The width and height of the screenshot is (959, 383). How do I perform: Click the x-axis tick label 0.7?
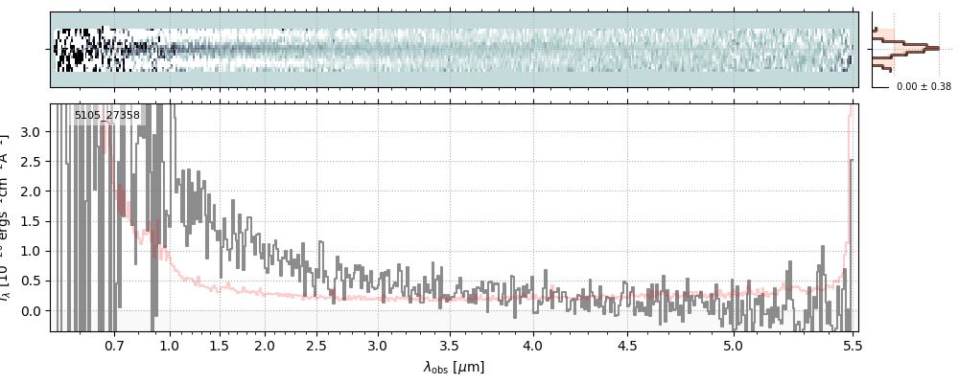click(x=114, y=345)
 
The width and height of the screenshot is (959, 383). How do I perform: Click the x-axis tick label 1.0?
click(x=170, y=345)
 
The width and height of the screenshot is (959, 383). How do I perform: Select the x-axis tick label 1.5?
click(x=219, y=345)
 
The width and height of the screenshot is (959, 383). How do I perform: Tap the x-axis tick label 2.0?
click(x=265, y=345)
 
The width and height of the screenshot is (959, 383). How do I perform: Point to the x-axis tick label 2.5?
click(x=316, y=345)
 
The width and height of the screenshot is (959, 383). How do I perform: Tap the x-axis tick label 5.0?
click(x=734, y=345)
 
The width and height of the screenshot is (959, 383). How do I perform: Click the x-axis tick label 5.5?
click(x=850, y=345)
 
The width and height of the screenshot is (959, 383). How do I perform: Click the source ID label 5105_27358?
click(x=107, y=116)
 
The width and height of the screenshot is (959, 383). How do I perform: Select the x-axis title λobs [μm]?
click(x=454, y=367)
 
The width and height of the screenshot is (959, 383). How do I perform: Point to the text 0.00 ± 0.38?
click(x=924, y=86)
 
